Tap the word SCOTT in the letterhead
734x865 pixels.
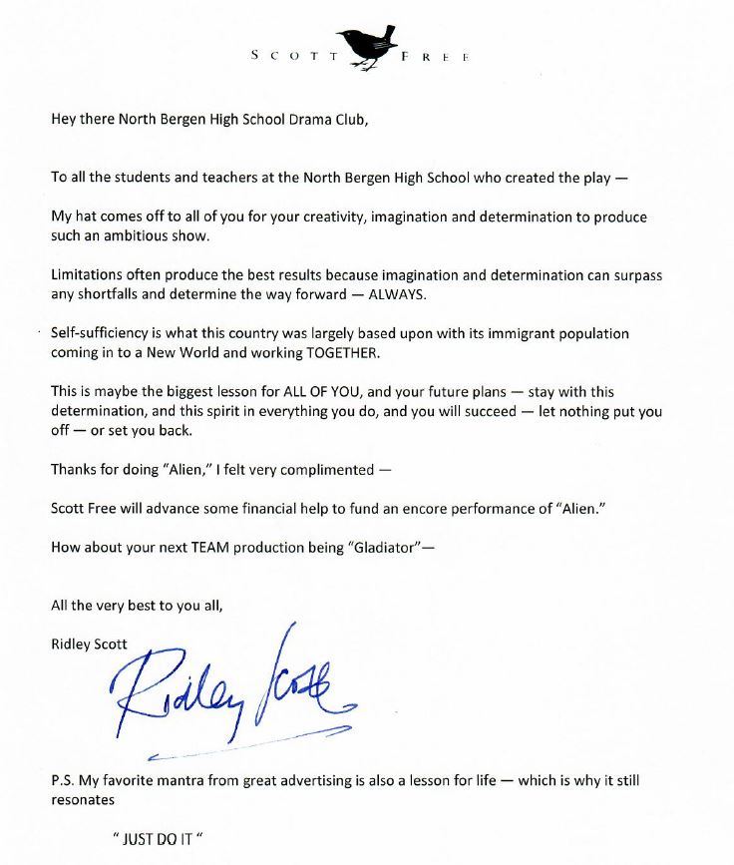(x=295, y=57)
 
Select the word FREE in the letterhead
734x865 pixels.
(x=434, y=57)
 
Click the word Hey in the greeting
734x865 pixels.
(x=64, y=120)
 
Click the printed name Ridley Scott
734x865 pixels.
(x=89, y=644)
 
